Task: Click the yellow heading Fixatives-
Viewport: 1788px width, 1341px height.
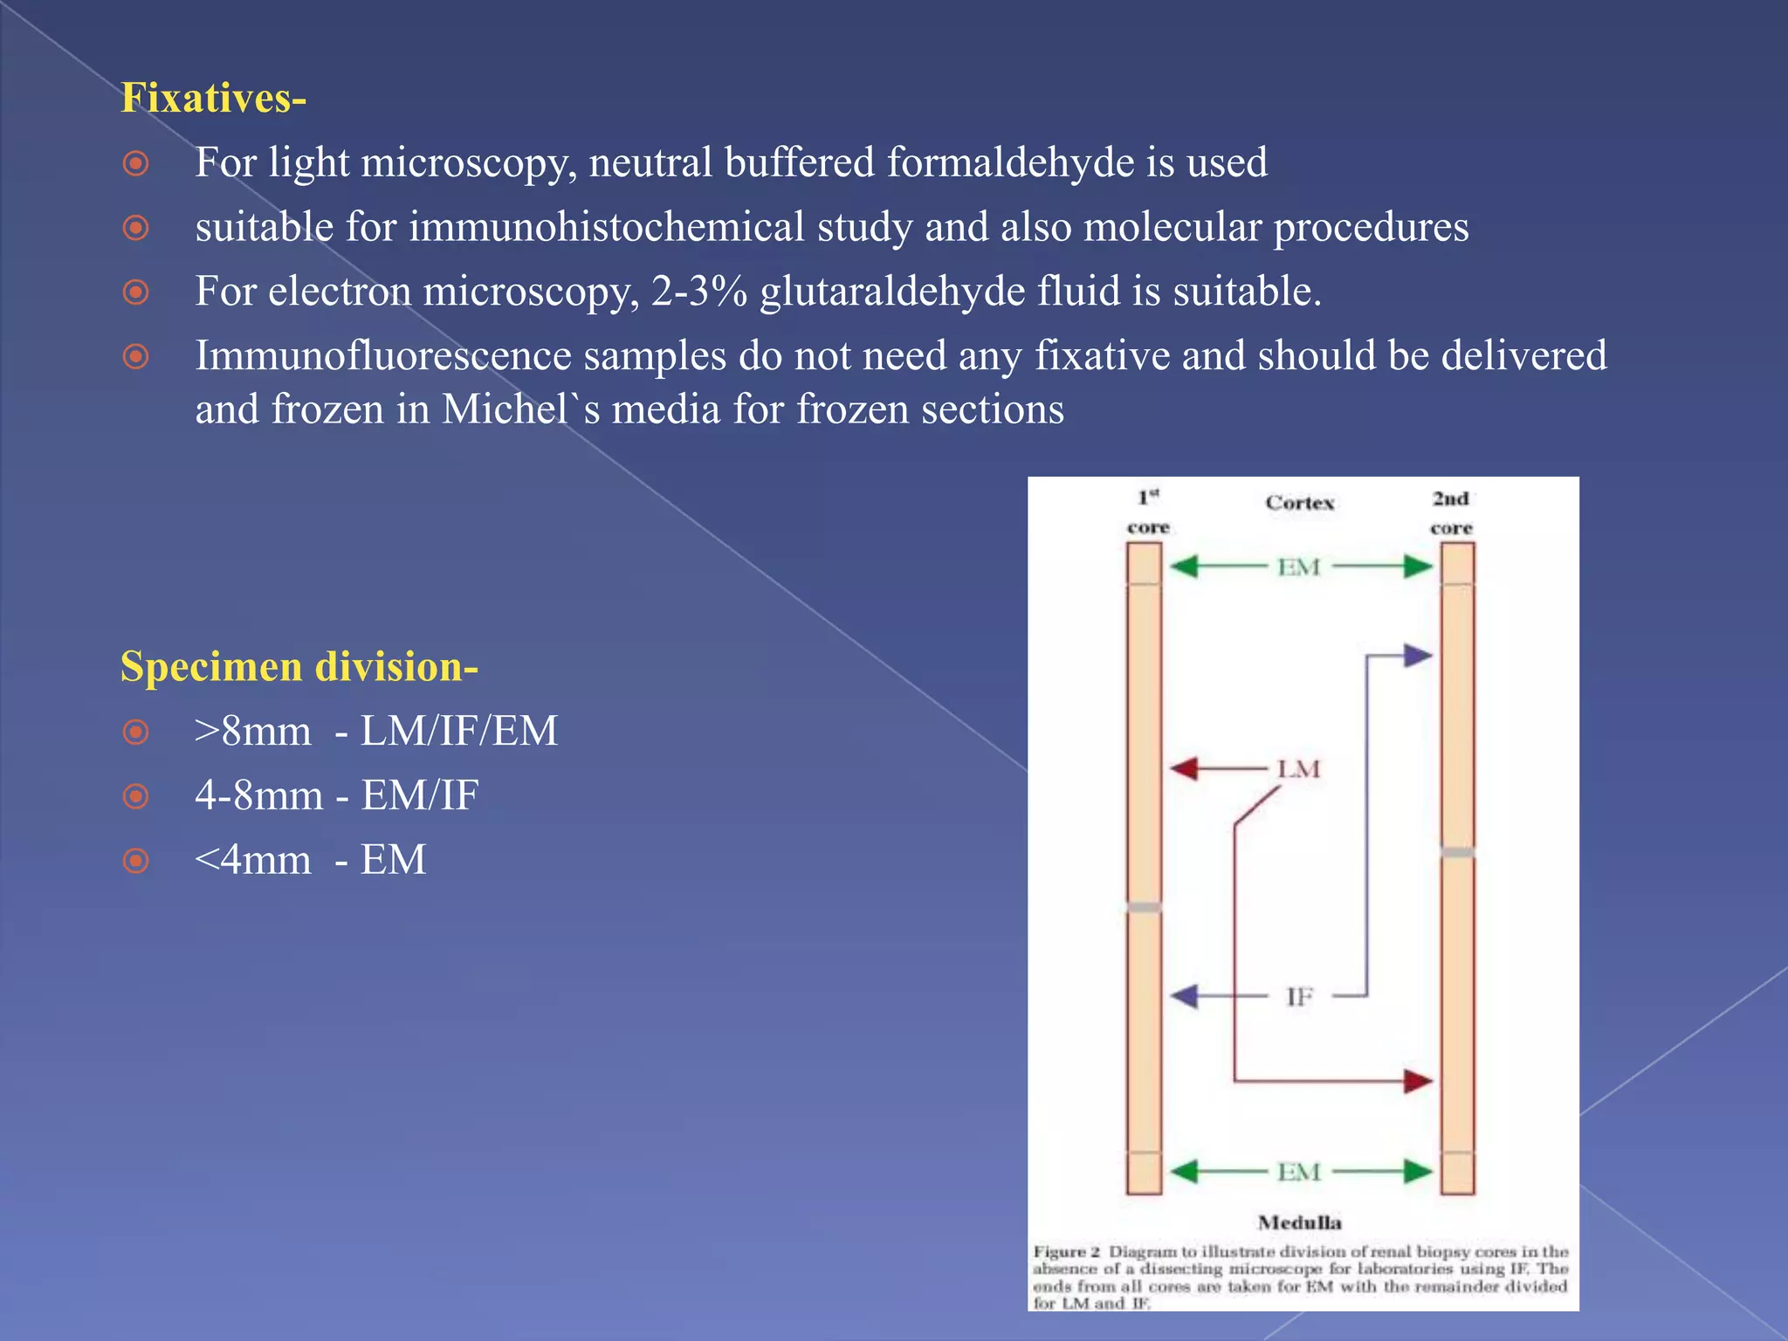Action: pyautogui.click(x=213, y=98)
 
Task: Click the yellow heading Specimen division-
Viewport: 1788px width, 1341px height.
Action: pyautogui.click(x=299, y=667)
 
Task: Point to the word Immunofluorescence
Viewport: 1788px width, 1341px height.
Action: pyautogui.click(x=383, y=356)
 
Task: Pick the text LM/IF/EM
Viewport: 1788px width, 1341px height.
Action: pyautogui.click(x=458, y=732)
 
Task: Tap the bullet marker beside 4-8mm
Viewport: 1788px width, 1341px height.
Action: pyautogui.click(x=135, y=796)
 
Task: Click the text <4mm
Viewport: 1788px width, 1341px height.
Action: pyautogui.click(x=252, y=860)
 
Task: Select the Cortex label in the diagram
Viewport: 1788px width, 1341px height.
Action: pyautogui.click(x=1299, y=503)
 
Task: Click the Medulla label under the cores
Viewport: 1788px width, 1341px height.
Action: pyautogui.click(x=1299, y=1222)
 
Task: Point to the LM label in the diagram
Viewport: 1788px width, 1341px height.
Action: pyautogui.click(x=1298, y=769)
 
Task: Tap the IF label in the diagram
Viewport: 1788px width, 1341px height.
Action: pyautogui.click(x=1299, y=996)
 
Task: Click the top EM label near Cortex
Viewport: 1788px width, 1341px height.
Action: pyautogui.click(x=1298, y=567)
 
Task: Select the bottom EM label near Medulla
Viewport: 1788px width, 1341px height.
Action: pyautogui.click(x=1298, y=1172)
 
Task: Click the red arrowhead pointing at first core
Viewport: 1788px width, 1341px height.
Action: pyautogui.click(x=1183, y=769)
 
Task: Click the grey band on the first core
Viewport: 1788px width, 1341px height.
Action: pyautogui.click(x=1144, y=907)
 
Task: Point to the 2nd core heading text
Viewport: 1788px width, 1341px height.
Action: pyautogui.click(x=1451, y=512)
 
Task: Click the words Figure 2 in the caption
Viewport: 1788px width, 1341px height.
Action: pyautogui.click(x=1066, y=1252)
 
